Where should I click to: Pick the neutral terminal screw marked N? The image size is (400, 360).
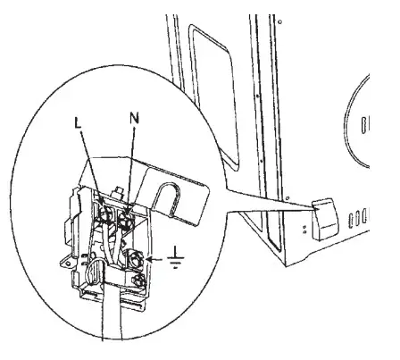coord(127,213)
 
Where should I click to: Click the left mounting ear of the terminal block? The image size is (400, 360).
coord(70,256)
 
